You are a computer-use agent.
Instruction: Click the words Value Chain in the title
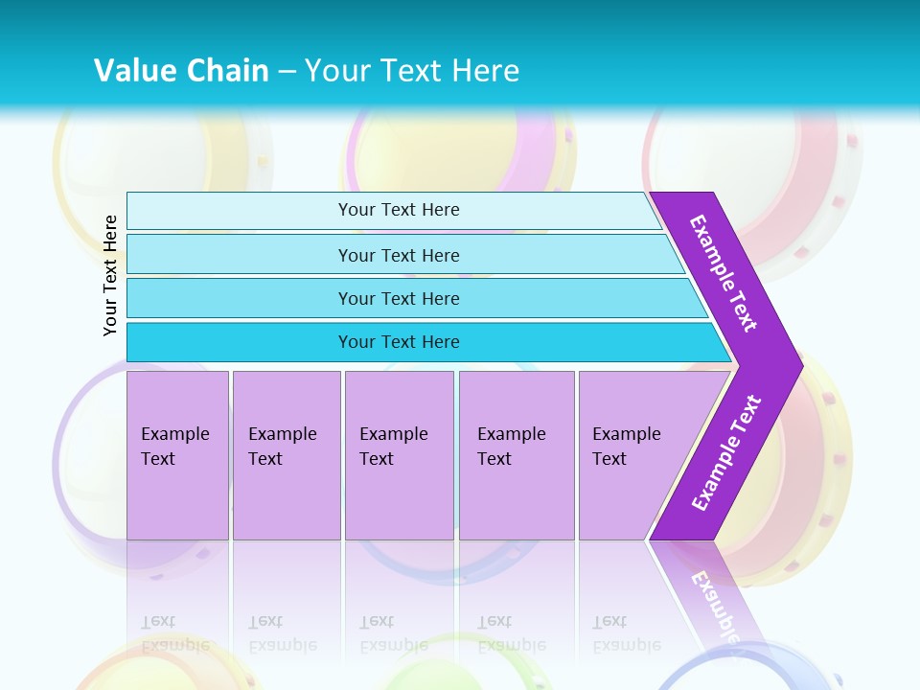[181, 71]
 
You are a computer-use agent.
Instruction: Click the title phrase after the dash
[412, 71]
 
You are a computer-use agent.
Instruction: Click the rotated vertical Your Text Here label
[110, 276]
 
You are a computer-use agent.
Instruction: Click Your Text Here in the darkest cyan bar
[399, 342]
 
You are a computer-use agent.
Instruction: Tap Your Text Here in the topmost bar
[399, 210]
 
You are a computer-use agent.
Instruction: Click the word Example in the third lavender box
[393, 434]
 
